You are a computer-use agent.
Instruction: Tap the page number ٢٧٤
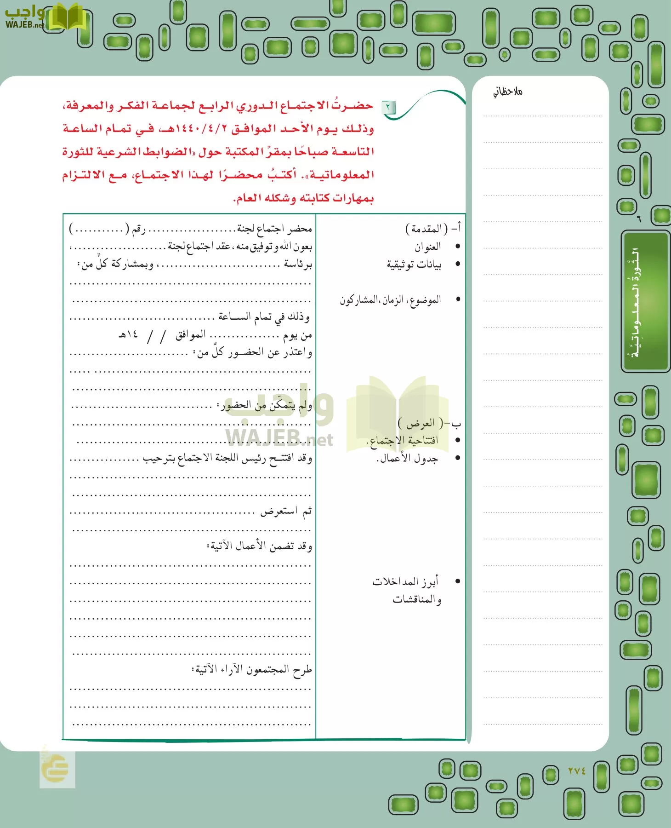[x=577, y=770]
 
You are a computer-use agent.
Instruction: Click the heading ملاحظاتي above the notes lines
[x=508, y=92]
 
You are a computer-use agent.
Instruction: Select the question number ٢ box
[x=388, y=108]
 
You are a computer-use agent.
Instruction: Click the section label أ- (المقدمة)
[x=432, y=228]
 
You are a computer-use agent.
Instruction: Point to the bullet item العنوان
[x=427, y=247]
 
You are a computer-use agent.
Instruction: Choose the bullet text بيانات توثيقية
[x=414, y=264]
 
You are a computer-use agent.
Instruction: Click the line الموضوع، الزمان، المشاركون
[x=390, y=300]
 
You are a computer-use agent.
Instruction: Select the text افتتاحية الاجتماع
[x=403, y=441]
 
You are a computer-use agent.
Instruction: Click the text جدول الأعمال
[x=407, y=459]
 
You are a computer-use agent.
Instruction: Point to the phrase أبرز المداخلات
[x=405, y=581]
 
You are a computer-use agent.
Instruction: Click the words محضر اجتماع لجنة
[x=274, y=229]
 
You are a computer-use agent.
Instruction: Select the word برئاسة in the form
[x=298, y=264]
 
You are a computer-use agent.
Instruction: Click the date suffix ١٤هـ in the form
[x=128, y=335]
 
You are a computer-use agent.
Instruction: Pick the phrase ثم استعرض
[x=286, y=511]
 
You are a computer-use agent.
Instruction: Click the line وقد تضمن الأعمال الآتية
[x=259, y=546]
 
